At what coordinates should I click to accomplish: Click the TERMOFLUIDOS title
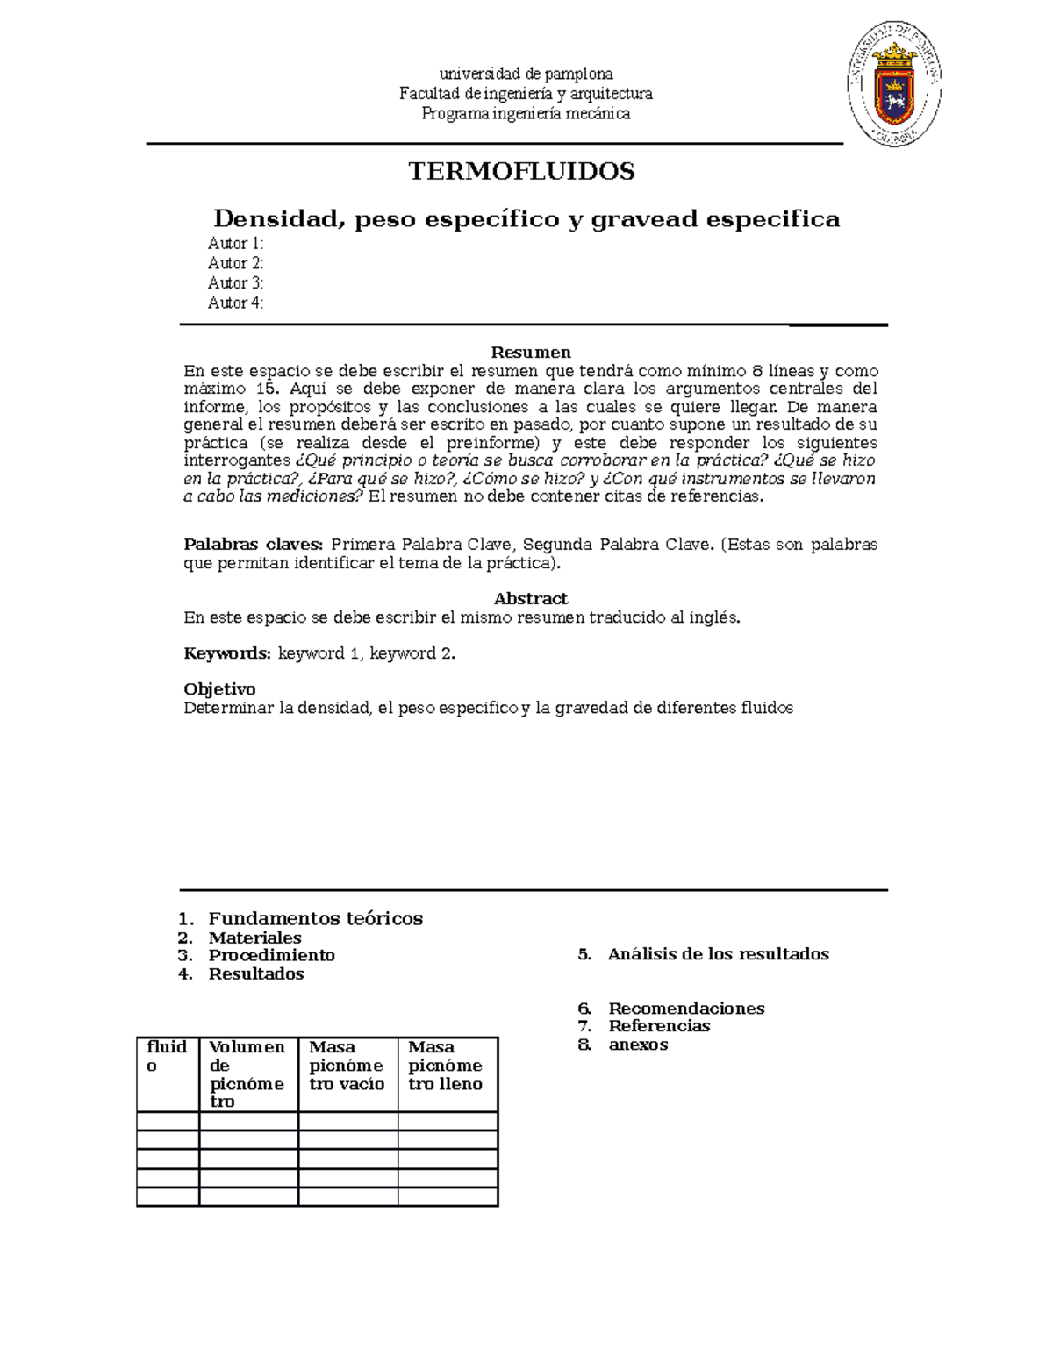(x=521, y=171)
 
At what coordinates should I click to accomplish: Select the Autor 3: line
(x=235, y=282)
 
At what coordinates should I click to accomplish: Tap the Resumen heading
(x=531, y=352)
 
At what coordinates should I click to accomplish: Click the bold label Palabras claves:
(x=253, y=544)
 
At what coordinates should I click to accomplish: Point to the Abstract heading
(x=531, y=598)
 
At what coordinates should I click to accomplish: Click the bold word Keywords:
(x=227, y=652)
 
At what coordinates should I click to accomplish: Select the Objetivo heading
(x=219, y=688)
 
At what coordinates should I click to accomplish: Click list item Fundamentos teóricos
(x=315, y=918)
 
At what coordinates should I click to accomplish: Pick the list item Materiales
(x=254, y=938)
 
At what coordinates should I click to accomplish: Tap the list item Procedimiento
(x=271, y=955)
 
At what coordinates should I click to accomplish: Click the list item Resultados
(x=255, y=973)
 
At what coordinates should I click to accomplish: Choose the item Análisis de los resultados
(x=718, y=954)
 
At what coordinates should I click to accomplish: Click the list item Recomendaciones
(x=686, y=1009)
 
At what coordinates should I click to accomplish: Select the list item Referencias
(x=659, y=1026)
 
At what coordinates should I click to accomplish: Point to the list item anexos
(x=638, y=1045)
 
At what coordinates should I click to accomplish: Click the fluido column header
(x=167, y=1056)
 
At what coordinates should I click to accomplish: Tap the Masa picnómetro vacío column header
(x=347, y=1066)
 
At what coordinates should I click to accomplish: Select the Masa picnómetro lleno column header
(x=446, y=1066)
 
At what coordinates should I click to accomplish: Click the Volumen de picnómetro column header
(x=247, y=1074)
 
